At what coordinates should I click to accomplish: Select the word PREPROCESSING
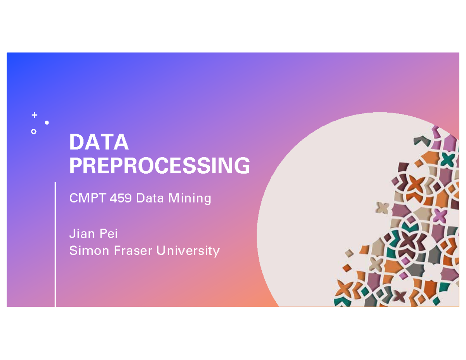click(159, 166)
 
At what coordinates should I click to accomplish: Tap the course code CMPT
click(87, 199)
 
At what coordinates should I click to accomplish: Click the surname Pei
click(108, 234)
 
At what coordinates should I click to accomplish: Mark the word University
click(188, 251)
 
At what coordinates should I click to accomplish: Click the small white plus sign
click(35, 115)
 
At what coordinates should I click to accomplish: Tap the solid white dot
click(47, 123)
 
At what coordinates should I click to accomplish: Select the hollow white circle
click(34, 132)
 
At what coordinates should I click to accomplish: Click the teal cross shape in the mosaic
click(448, 159)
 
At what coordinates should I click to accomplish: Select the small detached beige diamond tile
click(349, 253)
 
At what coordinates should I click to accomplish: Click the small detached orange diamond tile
click(347, 268)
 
